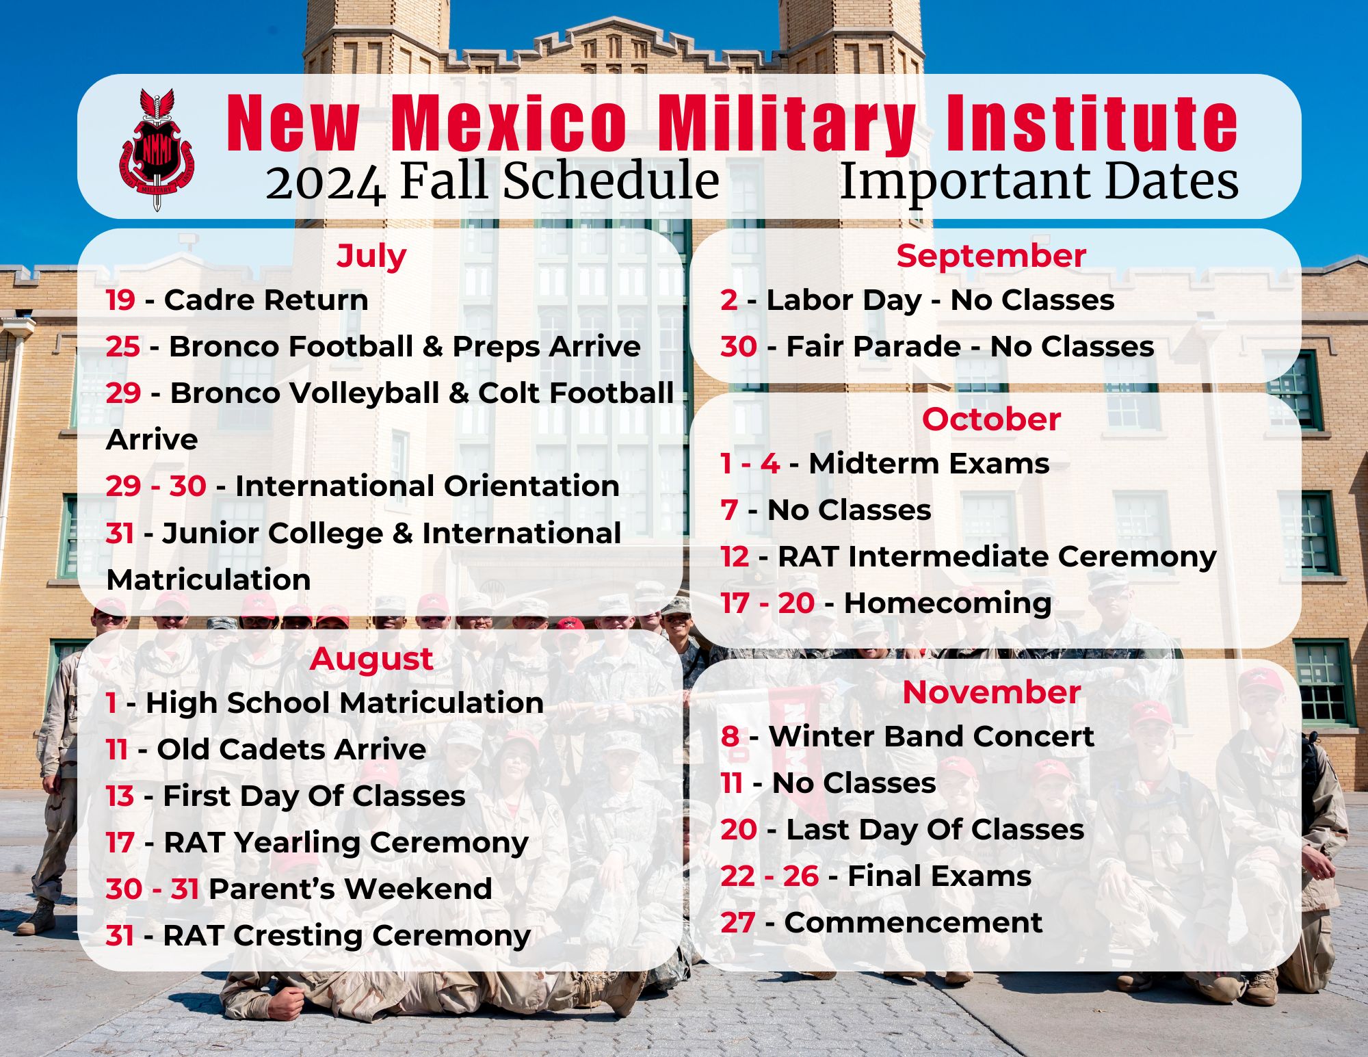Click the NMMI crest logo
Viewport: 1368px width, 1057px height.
(x=157, y=149)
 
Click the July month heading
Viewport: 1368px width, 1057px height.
(x=371, y=257)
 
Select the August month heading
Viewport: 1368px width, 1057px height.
(x=371, y=660)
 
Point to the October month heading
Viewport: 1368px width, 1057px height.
(x=991, y=419)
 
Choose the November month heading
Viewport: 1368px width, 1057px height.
(x=991, y=692)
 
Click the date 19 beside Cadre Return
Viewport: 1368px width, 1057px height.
(x=120, y=300)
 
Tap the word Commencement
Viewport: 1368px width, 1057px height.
(x=913, y=923)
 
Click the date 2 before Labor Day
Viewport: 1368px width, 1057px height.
(x=728, y=300)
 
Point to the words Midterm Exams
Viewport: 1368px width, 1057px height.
(x=929, y=464)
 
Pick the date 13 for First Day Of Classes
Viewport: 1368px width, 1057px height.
(x=120, y=796)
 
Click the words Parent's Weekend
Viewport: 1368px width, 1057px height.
(x=350, y=889)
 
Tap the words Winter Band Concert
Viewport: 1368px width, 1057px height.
(x=932, y=737)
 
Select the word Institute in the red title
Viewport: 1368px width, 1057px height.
(x=1092, y=122)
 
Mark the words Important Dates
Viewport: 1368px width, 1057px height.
(x=1039, y=182)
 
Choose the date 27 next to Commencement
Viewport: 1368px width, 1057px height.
(x=737, y=923)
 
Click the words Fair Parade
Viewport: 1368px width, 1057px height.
(x=873, y=347)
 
